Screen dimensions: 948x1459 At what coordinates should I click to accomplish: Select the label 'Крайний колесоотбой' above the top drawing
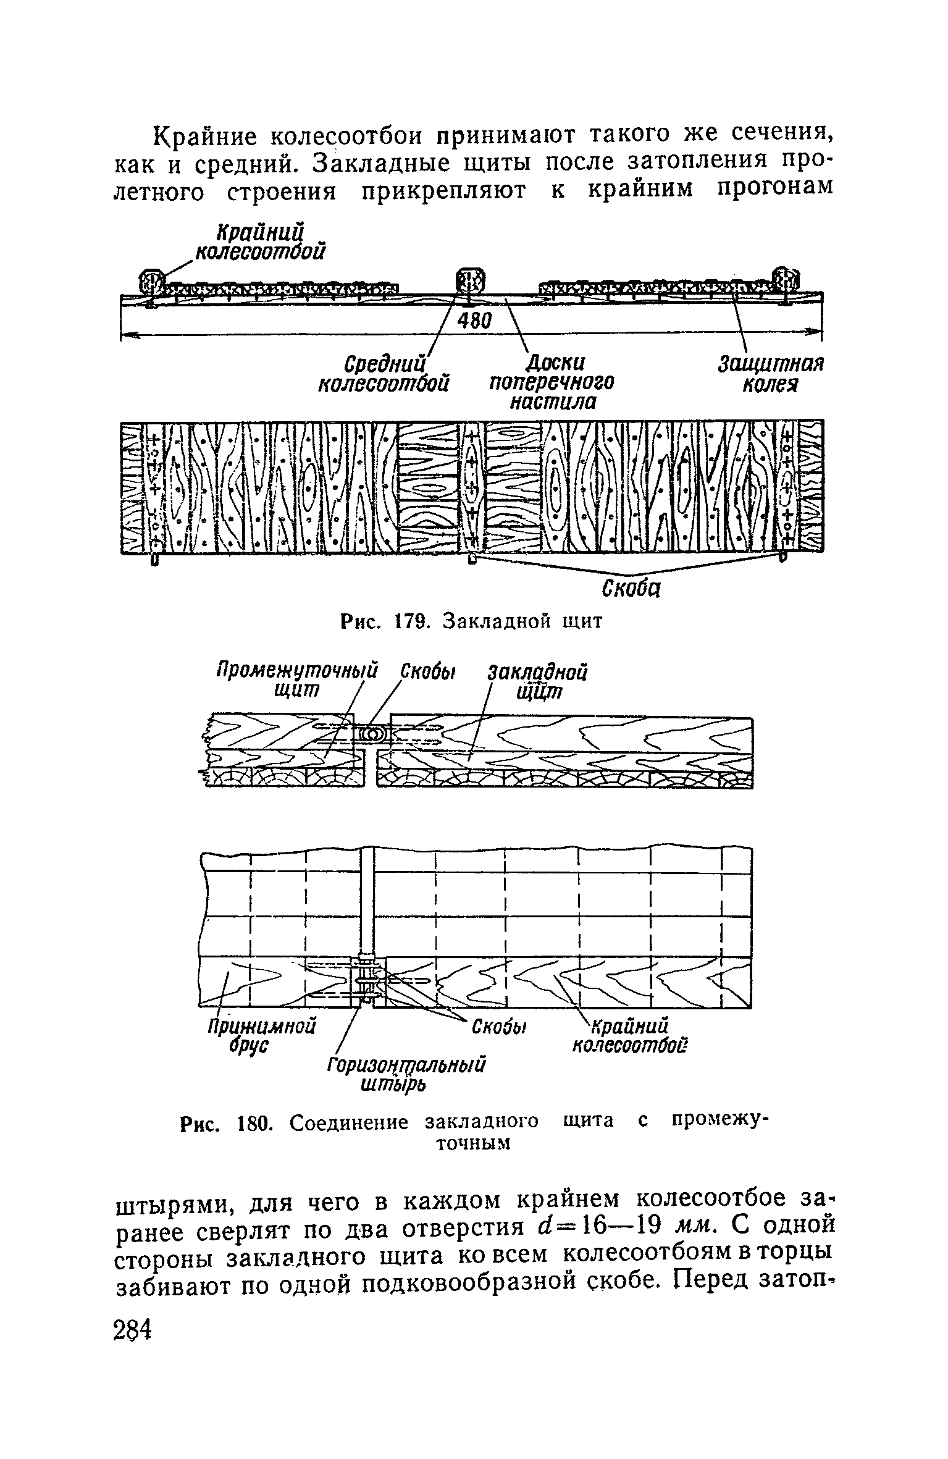coord(261,242)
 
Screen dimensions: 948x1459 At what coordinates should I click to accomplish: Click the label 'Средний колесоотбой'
coord(383,372)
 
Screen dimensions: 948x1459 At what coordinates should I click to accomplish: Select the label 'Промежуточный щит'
coord(295,679)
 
